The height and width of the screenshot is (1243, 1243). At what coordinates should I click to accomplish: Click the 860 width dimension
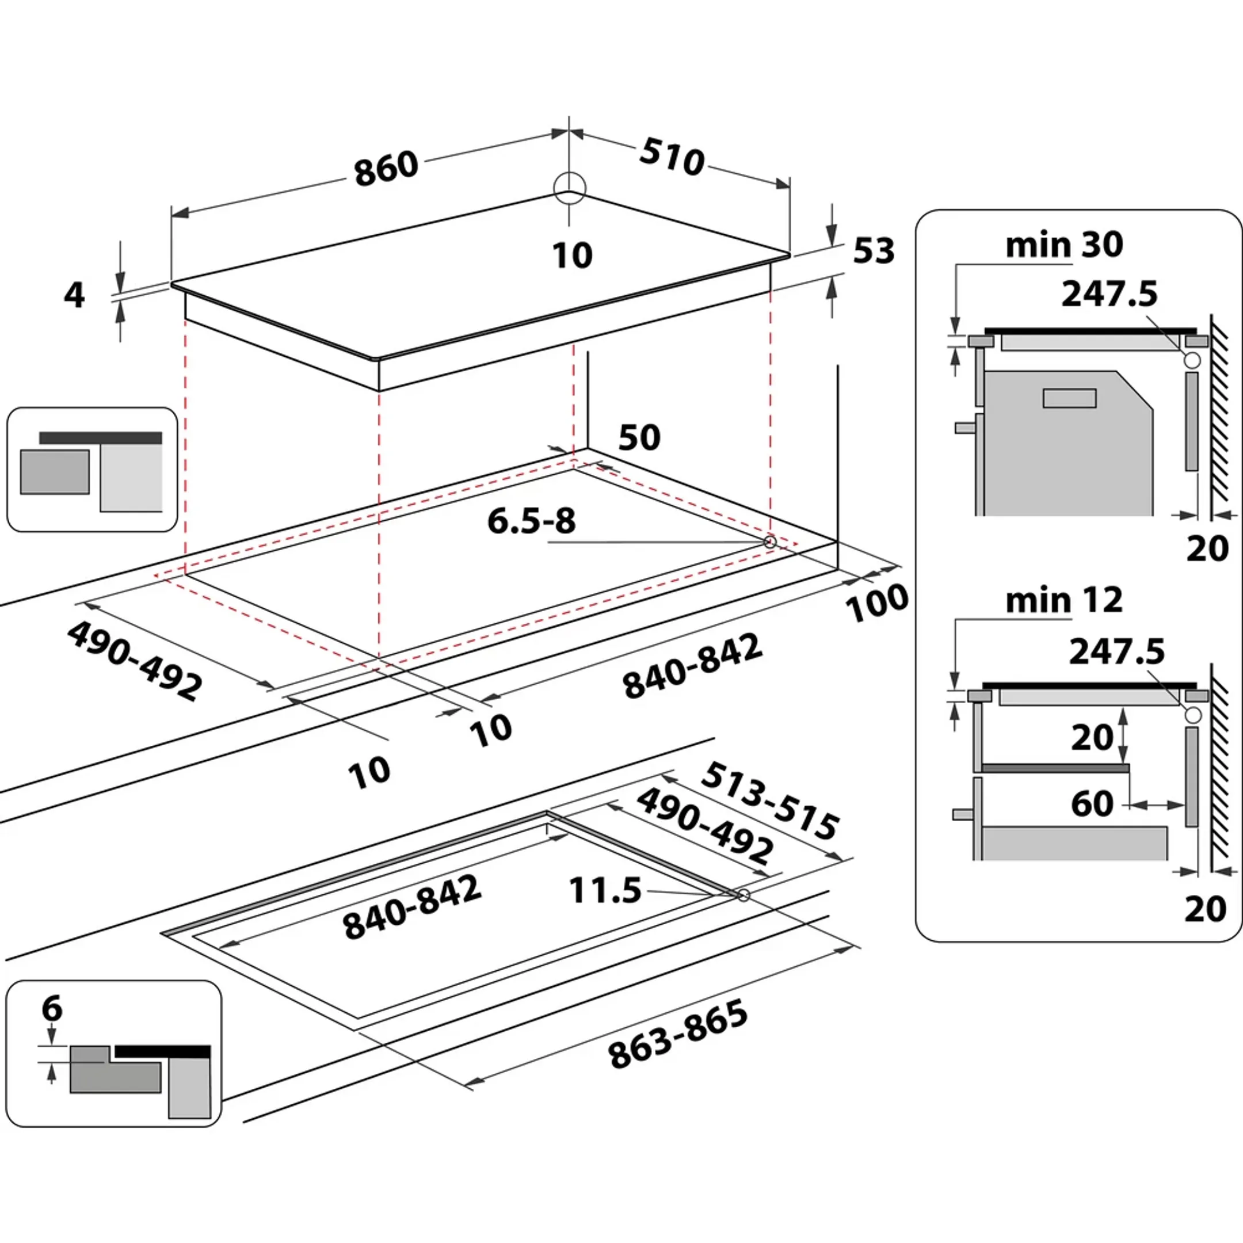tap(386, 169)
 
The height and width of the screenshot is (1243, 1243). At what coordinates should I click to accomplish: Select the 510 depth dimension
tap(672, 157)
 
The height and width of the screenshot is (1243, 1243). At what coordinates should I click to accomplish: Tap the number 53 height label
tap(874, 251)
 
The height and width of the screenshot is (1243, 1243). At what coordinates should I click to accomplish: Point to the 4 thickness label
tap(75, 295)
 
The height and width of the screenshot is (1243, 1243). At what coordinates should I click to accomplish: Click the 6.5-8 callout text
tap(531, 521)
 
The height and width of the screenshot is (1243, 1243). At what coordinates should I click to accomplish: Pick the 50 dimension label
tap(639, 437)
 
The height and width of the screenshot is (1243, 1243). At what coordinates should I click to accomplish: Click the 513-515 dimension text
tap(770, 800)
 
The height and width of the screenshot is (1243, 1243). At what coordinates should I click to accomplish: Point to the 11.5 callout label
tap(605, 891)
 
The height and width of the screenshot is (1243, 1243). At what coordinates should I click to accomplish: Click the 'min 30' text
tap(1064, 245)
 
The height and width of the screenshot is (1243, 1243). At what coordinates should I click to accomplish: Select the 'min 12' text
tap(1064, 600)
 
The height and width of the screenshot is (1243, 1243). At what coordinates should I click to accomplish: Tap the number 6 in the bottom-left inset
tap(52, 1008)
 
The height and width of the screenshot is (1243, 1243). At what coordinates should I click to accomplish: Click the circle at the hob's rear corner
tap(570, 188)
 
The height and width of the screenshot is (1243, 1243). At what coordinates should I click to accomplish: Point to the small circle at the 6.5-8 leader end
tap(769, 542)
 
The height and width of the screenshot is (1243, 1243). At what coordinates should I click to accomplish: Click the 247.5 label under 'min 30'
tap(1109, 295)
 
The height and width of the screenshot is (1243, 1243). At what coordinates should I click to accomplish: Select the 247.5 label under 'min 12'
tap(1117, 652)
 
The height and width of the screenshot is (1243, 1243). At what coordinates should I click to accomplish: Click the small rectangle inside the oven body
tap(1069, 398)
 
